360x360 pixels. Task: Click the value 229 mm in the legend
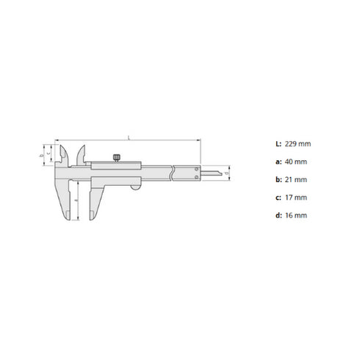coord(291,143)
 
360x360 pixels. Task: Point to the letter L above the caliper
coord(129,137)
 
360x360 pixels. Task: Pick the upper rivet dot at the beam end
coord(195,169)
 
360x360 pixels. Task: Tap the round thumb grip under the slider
coord(135,189)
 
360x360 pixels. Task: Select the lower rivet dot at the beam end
coord(195,179)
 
